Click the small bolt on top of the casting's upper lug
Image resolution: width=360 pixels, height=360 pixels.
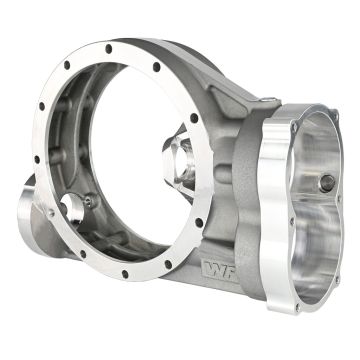(x=273, y=99)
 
